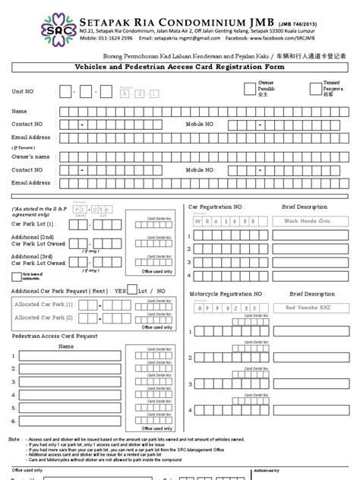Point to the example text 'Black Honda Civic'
click(x=308, y=219)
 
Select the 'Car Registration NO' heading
click(x=216, y=206)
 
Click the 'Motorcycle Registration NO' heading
click(x=226, y=293)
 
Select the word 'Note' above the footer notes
click(x=14, y=439)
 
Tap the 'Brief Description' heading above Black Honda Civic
click(x=305, y=206)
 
